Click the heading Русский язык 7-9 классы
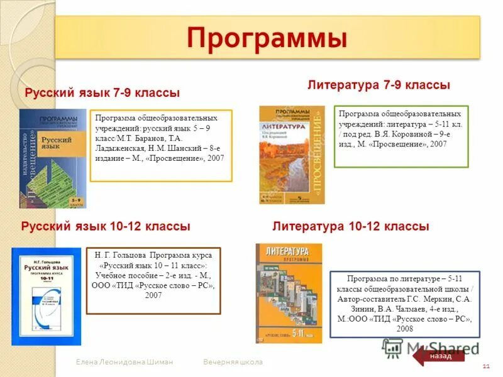(x=102, y=92)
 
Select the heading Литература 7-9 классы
(x=379, y=85)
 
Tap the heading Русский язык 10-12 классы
(x=106, y=226)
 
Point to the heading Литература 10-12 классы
(x=351, y=226)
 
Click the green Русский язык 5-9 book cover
(x=53, y=158)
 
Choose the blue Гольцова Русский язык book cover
(x=46, y=296)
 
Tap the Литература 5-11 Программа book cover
(x=288, y=293)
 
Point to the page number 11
(x=485, y=366)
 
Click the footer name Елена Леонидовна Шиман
(x=124, y=363)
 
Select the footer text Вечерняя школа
(x=233, y=363)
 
